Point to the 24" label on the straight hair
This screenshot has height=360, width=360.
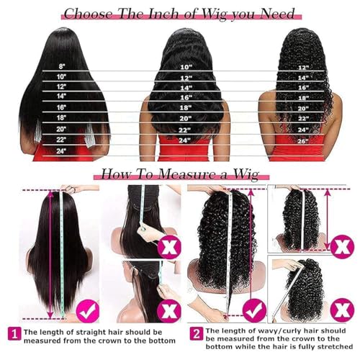point(61,150)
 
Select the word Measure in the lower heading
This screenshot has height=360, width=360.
point(185,174)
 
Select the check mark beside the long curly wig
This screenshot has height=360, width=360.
point(253,311)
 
